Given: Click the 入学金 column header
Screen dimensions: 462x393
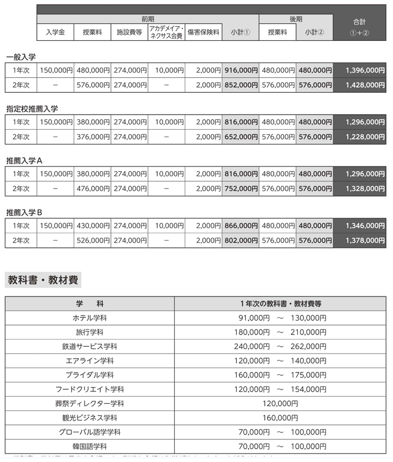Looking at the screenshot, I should [x=55, y=32].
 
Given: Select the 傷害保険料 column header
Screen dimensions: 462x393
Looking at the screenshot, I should [x=203, y=32].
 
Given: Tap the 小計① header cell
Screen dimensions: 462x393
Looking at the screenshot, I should [x=240, y=32].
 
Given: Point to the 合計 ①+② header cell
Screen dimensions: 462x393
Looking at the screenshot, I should [x=359, y=26].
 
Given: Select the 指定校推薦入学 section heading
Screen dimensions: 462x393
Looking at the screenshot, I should [x=32, y=109].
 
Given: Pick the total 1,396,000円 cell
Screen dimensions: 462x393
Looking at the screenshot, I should [x=359, y=70].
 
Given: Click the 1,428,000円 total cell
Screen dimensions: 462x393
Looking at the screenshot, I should [x=359, y=86].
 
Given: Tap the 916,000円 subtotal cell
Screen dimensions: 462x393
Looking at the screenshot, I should [x=240, y=70].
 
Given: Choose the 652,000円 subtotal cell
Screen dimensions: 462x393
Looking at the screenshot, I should [x=240, y=137].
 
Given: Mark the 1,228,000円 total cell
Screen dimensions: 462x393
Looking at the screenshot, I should [x=359, y=137].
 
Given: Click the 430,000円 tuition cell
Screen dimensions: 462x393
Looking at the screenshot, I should [x=92, y=225].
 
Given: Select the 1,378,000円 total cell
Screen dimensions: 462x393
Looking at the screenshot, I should [x=359, y=241].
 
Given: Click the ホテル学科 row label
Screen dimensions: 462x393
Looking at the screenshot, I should [x=90, y=318].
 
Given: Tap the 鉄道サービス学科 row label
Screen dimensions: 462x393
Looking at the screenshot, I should [x=90, y=346].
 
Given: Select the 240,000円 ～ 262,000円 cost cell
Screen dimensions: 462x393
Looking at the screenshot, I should [x=280, y=346].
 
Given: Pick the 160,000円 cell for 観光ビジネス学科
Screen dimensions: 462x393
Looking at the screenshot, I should [x=280, y=418].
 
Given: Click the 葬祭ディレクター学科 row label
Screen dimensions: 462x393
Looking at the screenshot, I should [x=90, y=403].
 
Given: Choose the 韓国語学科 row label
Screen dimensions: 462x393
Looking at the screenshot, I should [x=90, y=446].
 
